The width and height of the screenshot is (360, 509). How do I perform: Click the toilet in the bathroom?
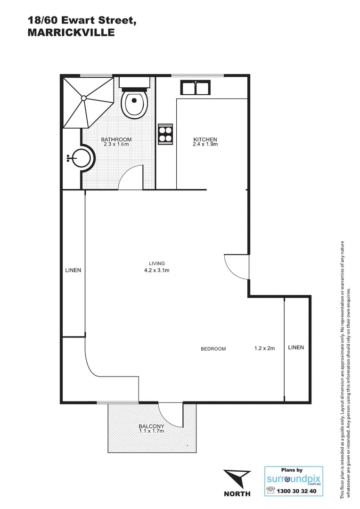(x=135, y=103)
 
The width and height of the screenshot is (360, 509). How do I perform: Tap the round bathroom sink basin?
(x=82, y=158)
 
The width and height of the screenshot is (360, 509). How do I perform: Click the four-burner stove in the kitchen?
(x=165, y=134)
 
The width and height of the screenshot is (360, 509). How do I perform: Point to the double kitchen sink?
(x=195, y=88)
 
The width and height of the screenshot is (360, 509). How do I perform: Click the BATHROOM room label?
(x=116, y=140)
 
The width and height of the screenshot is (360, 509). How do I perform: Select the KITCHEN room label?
(x=205, y=140)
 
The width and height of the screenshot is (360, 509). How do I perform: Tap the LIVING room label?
(x=156, y=263)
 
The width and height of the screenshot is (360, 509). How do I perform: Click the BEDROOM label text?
(x=213, y=349)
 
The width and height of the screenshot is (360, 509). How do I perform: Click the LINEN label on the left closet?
(x=73, y=271)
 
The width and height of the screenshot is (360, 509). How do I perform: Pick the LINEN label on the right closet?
(x=296, y=347)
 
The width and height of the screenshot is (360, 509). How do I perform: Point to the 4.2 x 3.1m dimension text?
(x=156, y=271)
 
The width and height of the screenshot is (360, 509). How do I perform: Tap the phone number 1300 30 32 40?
(x=297, y=491)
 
